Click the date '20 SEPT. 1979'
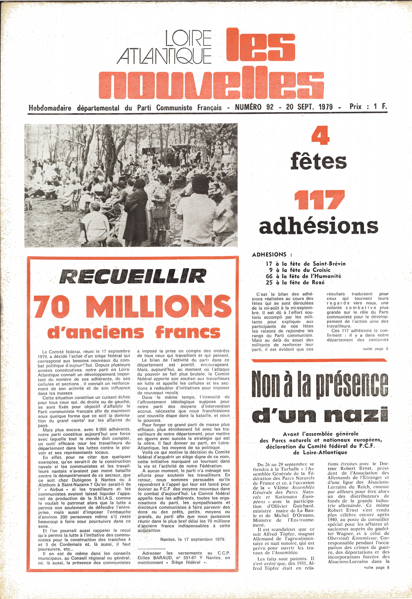pyautogui.click(x=309, y=107)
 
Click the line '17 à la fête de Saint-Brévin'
pyautogui.click(x=305, y=264)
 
